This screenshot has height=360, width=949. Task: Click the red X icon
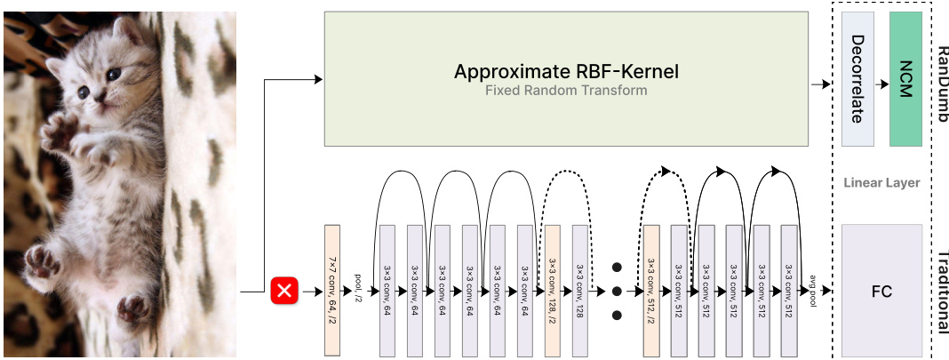[x=285, y=291]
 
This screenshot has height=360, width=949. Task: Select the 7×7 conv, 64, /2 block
[x=332, y=291]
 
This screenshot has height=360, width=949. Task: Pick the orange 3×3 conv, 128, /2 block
[x=552, y=291]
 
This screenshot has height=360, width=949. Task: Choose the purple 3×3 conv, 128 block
[x=579, y=291]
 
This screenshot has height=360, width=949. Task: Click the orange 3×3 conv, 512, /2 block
[x=651, y=291]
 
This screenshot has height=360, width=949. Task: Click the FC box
[x=881, y=291]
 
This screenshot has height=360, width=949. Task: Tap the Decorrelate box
[x=857, y=79]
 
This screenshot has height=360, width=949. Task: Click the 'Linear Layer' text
[x=881, y=183]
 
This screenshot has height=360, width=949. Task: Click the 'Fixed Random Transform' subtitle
[x=565, y=91]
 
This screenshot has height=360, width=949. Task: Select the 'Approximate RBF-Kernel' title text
[x=566, y=71]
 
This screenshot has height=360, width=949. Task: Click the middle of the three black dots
[x=616, y=291]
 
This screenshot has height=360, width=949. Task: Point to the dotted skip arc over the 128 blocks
[x=565, y=176]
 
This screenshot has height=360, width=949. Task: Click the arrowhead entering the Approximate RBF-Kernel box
[x=318, y=80]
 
